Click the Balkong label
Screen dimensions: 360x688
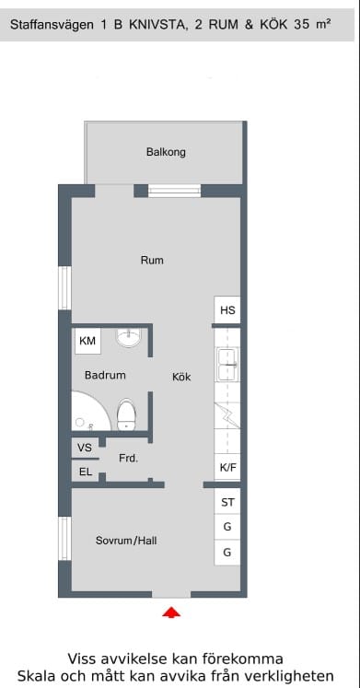click(x=166, y=152)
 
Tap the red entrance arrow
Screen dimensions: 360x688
click(x=171, y=612)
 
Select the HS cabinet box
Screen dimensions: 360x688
click(x=227, y=310)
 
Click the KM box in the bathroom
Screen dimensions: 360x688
click(x=88, y=341)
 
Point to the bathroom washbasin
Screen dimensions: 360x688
click(x=129, y=337)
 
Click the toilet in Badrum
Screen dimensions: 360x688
click(x=126, y=414)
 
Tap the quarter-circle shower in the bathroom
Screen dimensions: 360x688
click(x=91, y=411)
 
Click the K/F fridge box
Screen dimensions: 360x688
click(x=227, y=467)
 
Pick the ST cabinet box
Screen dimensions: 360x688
click(x=227, y=502)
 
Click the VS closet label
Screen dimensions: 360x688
click(x=85, y=448)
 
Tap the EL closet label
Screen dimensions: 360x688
click(x=85, y=472)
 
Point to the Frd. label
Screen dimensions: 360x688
click(x=129, y=459)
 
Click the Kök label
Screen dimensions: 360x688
click(x=181, y=377)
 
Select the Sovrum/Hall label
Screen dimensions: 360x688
click(x=126, y=541)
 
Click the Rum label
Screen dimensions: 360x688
click(x=152, y=261)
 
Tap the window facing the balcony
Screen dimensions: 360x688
click(x=175, y=191)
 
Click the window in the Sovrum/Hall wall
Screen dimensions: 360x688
click(x=64, y=539)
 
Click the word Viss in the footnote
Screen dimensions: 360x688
click(x=82, y=659)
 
